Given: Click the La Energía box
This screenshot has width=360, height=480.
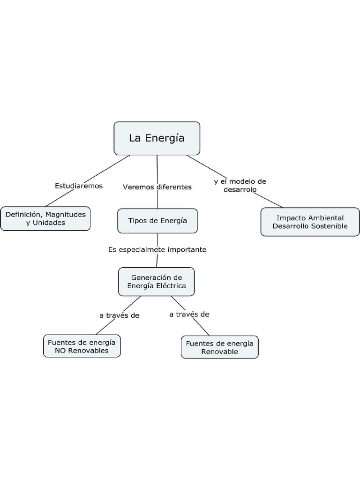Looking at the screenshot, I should (x=157, y=138).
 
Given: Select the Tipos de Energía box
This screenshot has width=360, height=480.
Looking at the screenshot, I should (x=157, y=221).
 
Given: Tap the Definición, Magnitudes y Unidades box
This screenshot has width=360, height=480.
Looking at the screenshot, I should (x=45, y=218).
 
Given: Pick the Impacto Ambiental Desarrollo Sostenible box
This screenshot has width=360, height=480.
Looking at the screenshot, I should (x=310, y=222).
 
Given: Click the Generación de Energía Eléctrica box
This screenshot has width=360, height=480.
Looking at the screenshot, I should (x=157, y=281).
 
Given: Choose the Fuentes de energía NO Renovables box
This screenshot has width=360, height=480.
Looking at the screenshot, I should (x=82, y=346).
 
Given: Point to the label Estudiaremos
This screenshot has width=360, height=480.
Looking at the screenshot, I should (x=79, y=186).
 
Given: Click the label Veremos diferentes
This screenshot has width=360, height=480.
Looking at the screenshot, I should (x=157, y=187).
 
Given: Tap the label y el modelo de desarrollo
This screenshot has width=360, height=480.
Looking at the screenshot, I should (x=240, y=185).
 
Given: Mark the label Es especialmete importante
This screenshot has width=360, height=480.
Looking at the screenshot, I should (x=157, y=250).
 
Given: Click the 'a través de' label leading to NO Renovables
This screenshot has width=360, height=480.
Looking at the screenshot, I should (x=119, y=315).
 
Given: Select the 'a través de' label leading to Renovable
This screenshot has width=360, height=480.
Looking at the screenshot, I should (x=189, y=314).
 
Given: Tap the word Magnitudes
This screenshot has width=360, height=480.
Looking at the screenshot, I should (x=66, y=214).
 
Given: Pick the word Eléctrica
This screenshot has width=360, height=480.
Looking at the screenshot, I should (x=171, y=285).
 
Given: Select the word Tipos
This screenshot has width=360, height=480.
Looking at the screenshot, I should (x=137, y=221).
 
